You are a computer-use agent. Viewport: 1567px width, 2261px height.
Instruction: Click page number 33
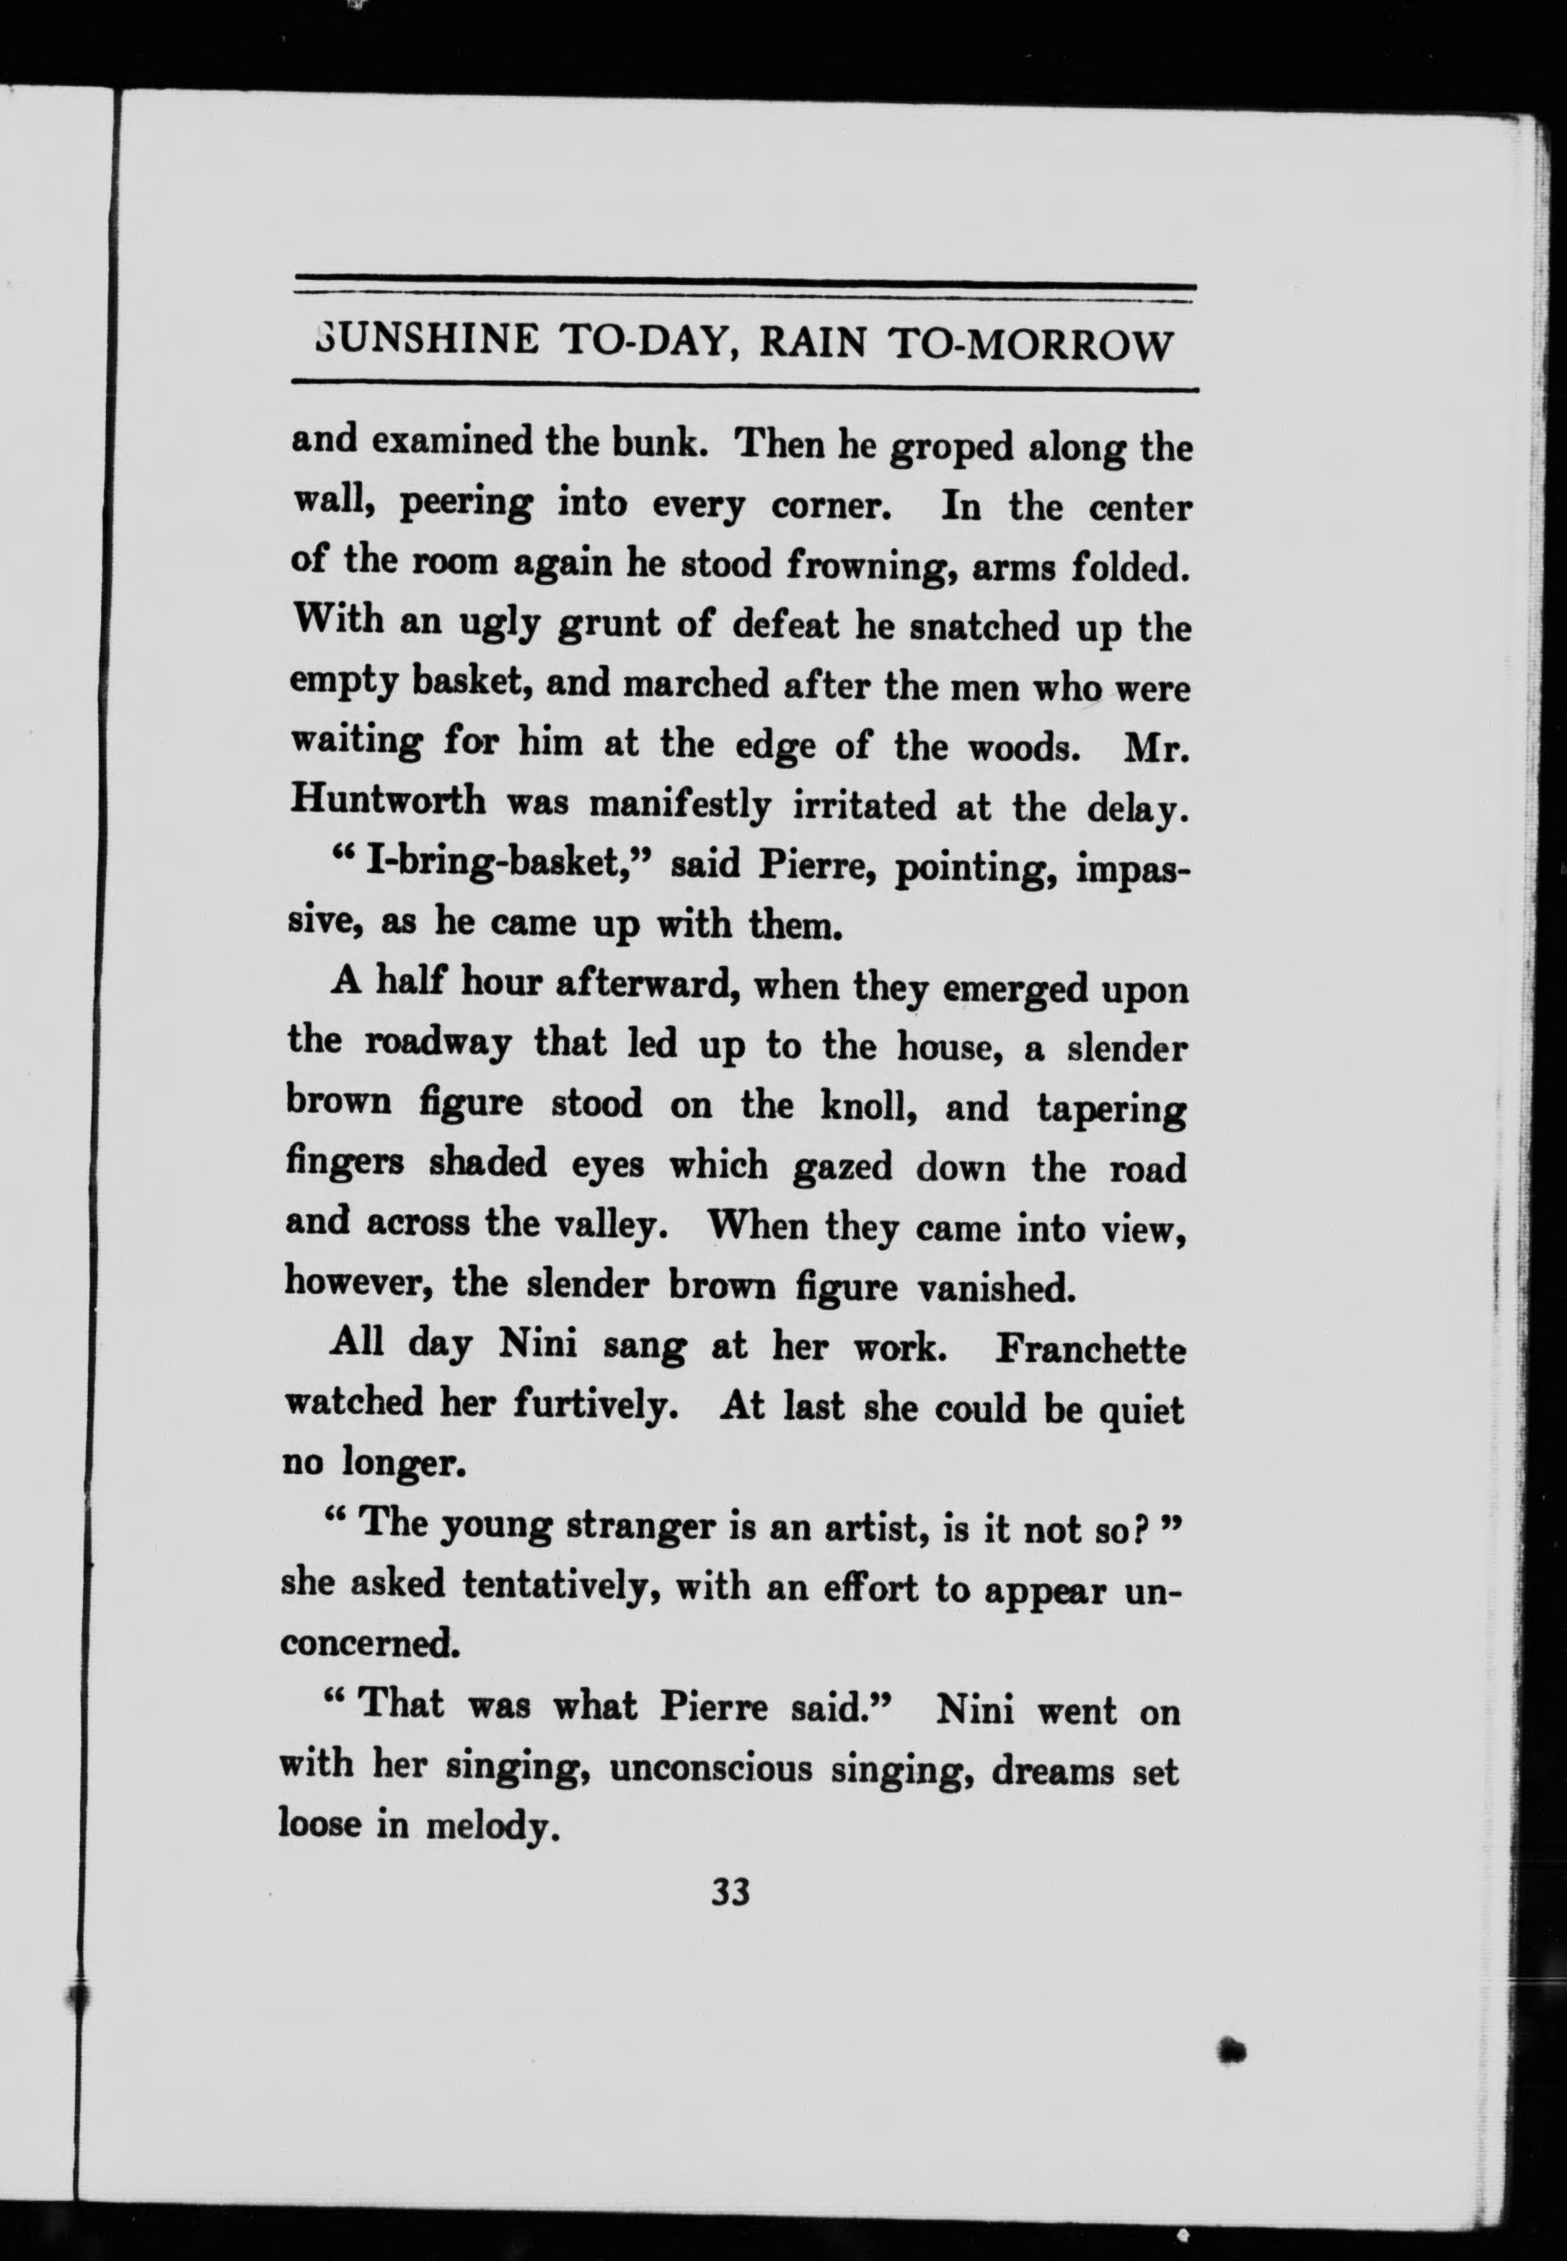pos(730,1892)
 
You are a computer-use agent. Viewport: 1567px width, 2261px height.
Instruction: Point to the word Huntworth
pos(388,801)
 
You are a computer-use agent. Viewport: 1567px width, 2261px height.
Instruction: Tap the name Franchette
pos(1090,1351)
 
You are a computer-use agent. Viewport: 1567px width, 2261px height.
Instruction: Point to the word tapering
pos(1111,1109)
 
